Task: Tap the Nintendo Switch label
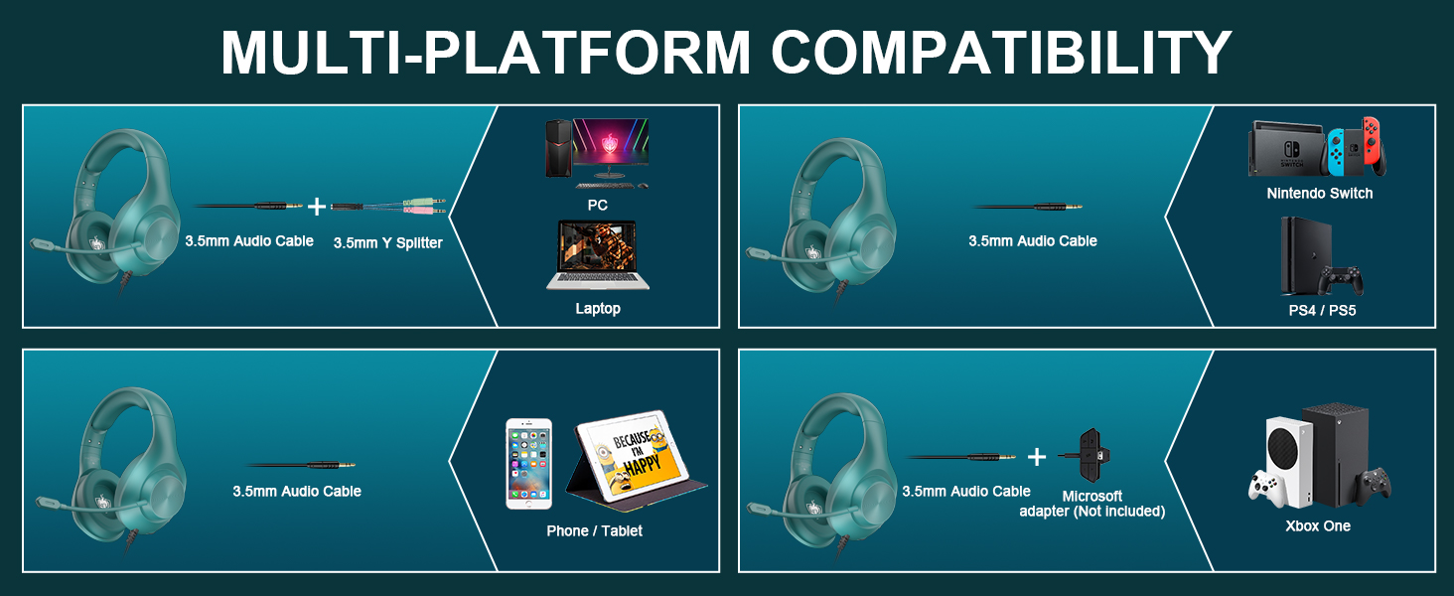[1320, 193]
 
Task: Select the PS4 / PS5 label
[1322, 310]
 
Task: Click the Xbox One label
[1318, 525]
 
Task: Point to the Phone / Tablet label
[594, 531]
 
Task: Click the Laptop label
[598, 308]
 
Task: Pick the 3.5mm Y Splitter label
[387, 242]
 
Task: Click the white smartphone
[529, 464]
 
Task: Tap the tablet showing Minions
[636, 456]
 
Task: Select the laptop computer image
[598, 255]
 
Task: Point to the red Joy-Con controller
[1374, 145]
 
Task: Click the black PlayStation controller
[1341, 280]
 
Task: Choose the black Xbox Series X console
[1335, 455]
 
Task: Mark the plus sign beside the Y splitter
[317, 207]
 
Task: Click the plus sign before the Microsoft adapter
[1037, 457]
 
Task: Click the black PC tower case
[559, 148]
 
